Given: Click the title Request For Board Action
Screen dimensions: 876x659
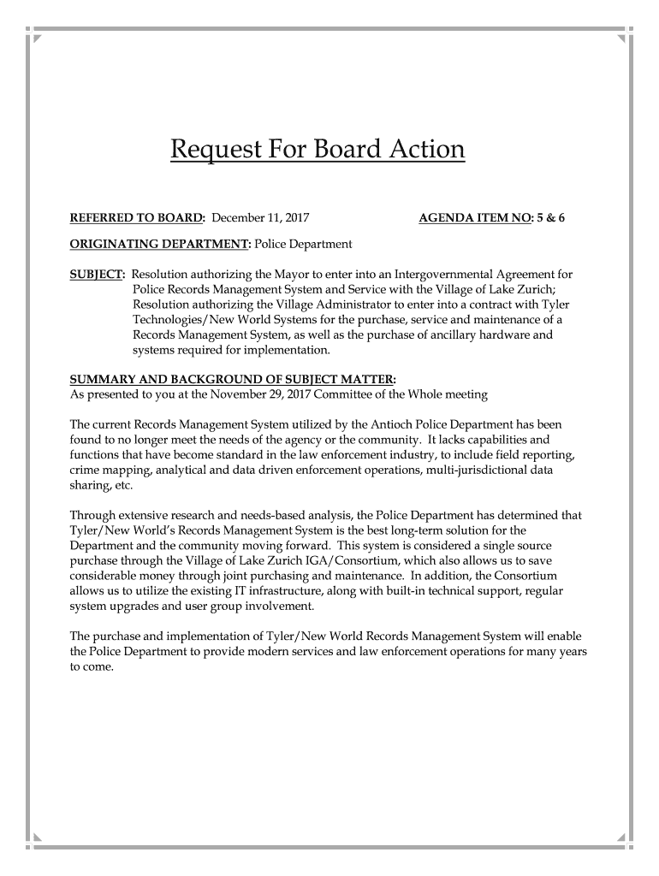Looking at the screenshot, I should coord(318,150).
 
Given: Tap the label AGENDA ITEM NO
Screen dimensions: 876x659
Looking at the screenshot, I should coord(474,218).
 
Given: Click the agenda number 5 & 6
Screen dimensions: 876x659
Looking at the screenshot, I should coord(550,218).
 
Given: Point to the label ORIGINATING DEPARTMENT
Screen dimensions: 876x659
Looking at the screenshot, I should coord(159,244).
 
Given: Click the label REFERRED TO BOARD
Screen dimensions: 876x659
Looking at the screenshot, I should coord(136,218).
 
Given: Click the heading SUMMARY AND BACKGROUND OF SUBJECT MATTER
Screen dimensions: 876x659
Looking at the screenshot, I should coord(232,379).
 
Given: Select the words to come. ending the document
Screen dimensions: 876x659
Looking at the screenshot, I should coord(91,667).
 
